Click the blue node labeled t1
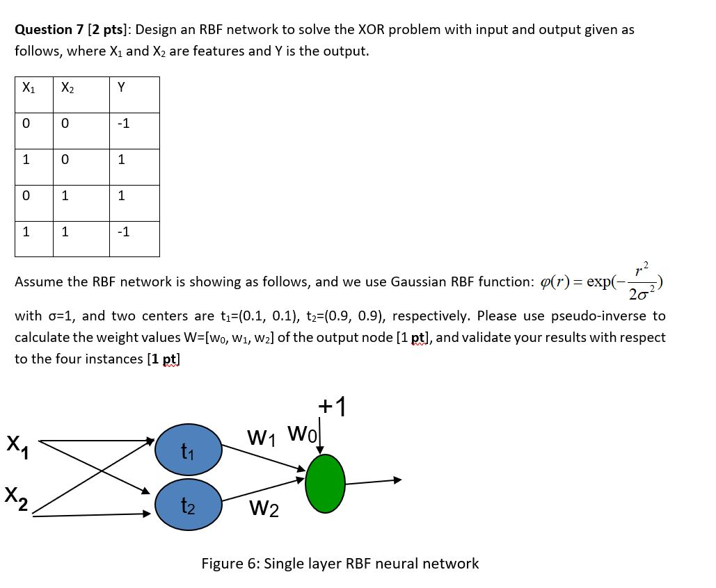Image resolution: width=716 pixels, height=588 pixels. pyautogui.click(x=189, y=452)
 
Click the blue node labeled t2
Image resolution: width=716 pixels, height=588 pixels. pyautogui.click(x=189, y=504)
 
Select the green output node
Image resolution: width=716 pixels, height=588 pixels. pyautogui.click(x=325, y=480)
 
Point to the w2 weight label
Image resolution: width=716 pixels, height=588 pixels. pyautogui.click(x=264, y=511)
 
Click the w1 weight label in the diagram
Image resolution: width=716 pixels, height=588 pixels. pyautogui.click(x=262, y=438)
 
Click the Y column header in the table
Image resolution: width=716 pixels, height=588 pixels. pyautogui.click(x=122, y=88)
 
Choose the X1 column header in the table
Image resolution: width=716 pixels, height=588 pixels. pyautogui.click(x=26, y=88)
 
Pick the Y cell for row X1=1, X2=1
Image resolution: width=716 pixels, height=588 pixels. pyautogui.click(x=122, y=231)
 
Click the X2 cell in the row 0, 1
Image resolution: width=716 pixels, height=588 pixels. pyautogui.click(x=65, y=196)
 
